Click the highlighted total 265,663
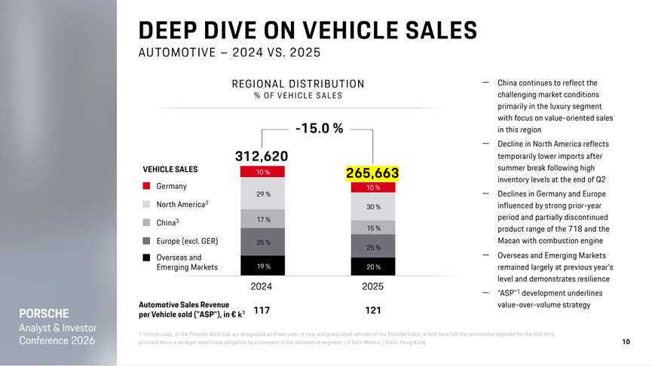372,173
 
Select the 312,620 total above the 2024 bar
262,156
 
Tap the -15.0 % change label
319,129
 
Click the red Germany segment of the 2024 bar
262,172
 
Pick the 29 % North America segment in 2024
262,194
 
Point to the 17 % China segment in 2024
262,219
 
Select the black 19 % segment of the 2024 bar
262,266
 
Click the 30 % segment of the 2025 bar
373,206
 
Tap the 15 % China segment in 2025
373,227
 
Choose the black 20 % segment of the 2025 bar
373,267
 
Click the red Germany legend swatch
146,186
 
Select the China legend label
167,223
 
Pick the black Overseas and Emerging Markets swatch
146,258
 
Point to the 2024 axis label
262,287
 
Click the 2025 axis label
372,287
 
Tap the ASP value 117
262,310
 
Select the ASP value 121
372,310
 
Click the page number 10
626,342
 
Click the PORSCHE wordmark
44,313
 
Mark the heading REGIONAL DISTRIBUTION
298,84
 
